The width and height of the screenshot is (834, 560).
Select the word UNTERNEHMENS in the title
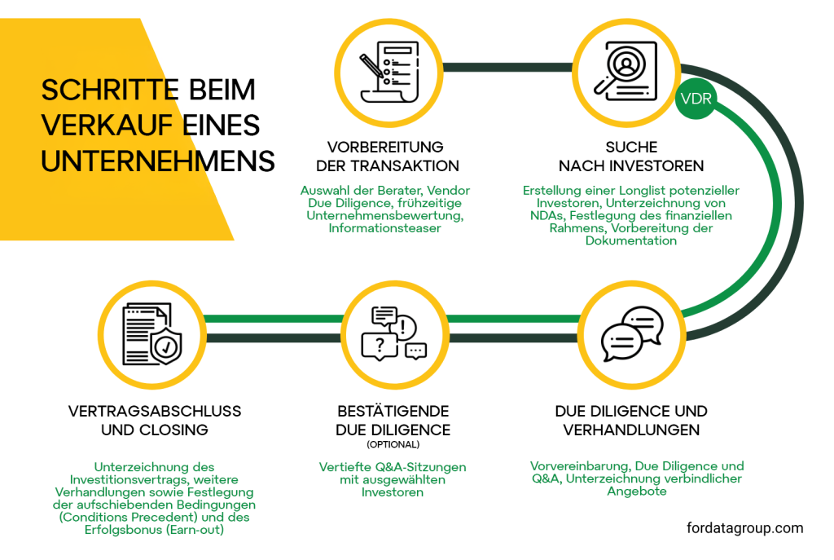pos(158,161)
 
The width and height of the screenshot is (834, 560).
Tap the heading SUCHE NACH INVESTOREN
pos(631,157)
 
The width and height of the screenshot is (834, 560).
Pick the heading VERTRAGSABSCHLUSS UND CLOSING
pos(155,420)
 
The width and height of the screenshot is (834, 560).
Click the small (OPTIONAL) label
pos(393,445)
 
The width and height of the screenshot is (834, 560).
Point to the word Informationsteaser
pos(384,228)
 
